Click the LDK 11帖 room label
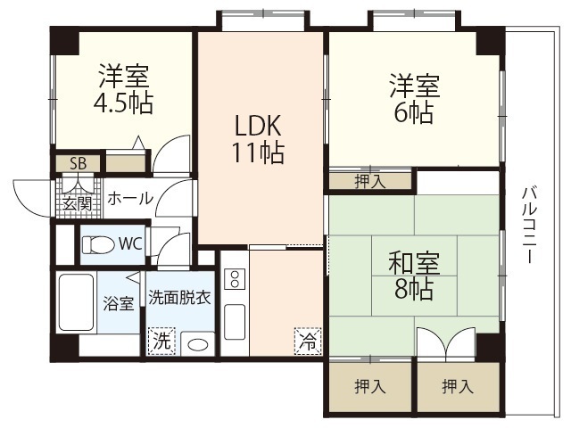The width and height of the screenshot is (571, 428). (x=259, y=138)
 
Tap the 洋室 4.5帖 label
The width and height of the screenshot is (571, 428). (x=124, y=89)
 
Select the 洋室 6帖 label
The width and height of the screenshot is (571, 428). (x=413, y=100)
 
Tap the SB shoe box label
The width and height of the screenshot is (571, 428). (x=78, y=164)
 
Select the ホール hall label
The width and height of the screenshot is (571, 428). (x=129, y=200)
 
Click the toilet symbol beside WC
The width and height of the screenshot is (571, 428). (x=97, y=243)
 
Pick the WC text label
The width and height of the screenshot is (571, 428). (x=130, y=243)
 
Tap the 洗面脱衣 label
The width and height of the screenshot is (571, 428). (x=179, y=298)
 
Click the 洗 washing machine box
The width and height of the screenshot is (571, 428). (x=161, y=341)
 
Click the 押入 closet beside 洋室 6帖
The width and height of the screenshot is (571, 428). (x=369, y=181)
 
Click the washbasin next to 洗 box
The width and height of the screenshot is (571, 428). (x=199, y=344)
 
